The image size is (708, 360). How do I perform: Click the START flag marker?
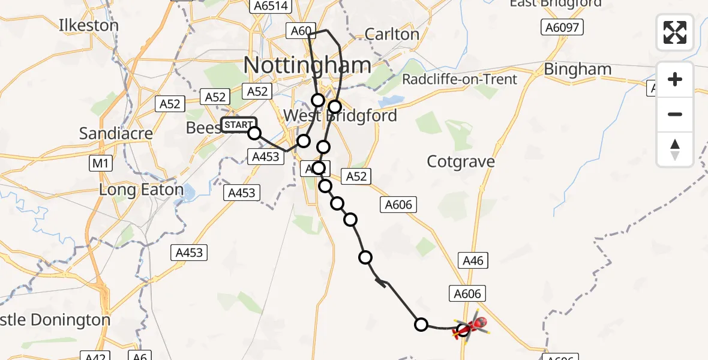pyautogui.click(x=239, y=125)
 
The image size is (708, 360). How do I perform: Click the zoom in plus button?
pyautogui.click(x=675, y=79)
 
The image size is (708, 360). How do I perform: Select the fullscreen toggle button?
pyautogui.click(x=675, y=32)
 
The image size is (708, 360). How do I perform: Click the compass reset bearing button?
pyautogui.click(x=675, y=149)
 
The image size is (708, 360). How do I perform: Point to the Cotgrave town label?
pyautogui.click(x=461, y=161)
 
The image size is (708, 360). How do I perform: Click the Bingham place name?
pyautogui.click(x=577, y=70)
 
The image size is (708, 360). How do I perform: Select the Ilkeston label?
pyautogui.click(x=89, y=26)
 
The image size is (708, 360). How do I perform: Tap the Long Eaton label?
pyautogui.click(x=142, y=190)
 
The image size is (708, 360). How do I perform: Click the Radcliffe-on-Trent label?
pyautogui.click(x=468, y=79)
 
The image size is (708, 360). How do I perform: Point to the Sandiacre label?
pyautogui.click(x=116, y=133)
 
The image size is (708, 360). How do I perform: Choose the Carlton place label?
pyautogui.click(x=391, y=34)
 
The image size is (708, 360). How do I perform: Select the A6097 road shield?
pyautogui.click(x=562, y=27)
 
